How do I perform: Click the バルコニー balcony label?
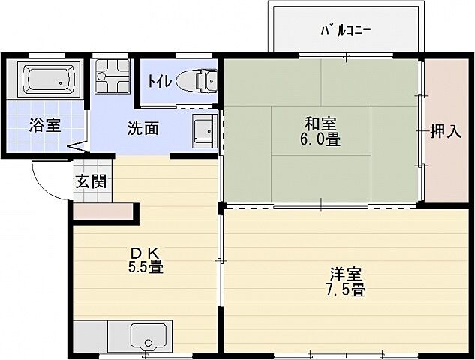(x=345, y=31)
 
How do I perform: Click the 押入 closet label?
(x=446, y=133)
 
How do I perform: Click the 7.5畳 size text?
(x=347, y=290)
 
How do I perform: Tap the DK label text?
(x=145, y=251)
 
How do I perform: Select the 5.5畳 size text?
(x=145, y=266)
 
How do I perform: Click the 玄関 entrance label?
(x=90, y=181)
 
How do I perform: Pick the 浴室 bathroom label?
(x=45, y=124)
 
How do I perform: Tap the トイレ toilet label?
(x=158, y=79)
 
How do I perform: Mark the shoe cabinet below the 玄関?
(x=105, y=212)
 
